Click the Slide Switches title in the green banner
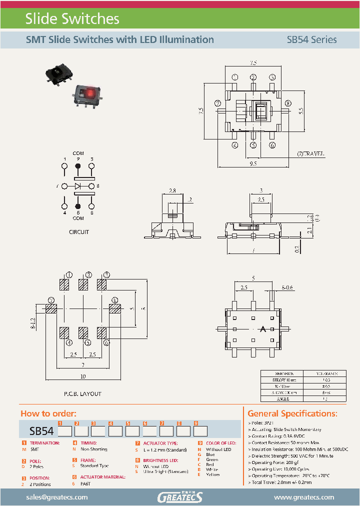(x=72, y=19)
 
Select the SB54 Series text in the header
(x=311, y=39)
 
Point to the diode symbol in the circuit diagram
(x=78, y=186)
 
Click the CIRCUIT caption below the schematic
(x=78, y=232)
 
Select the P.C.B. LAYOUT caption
(x=82, y=394)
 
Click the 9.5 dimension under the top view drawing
(x=253, y=163)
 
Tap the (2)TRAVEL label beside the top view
(x=310, y=154)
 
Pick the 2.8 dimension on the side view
(x=172, y=191)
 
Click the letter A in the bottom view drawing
(x=262, y=329)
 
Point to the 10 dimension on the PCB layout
(x=82, y=376)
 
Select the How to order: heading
(x=48, y=413)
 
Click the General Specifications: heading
(x=292, y=413)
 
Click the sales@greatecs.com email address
(x=56, y=497)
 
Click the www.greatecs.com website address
(x=303, y=497)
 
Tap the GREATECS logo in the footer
(x=180, y=497)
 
